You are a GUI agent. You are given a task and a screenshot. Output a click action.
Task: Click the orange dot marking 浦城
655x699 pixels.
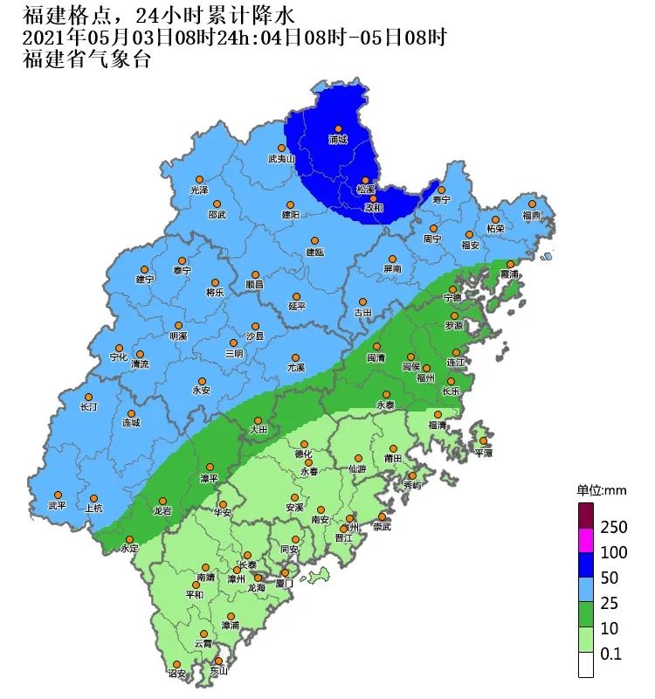338,129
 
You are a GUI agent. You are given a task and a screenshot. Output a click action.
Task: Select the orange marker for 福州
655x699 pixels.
425,368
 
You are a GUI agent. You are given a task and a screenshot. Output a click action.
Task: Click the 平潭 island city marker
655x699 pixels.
482,441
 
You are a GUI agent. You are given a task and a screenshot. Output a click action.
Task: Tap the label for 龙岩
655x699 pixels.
162,510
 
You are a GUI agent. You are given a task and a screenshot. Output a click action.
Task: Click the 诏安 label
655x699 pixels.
176,674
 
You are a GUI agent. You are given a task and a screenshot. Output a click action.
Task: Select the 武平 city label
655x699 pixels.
57,506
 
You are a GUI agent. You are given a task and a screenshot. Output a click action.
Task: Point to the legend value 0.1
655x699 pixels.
611,654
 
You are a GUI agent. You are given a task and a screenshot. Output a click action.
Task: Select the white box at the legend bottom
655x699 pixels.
586,666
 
